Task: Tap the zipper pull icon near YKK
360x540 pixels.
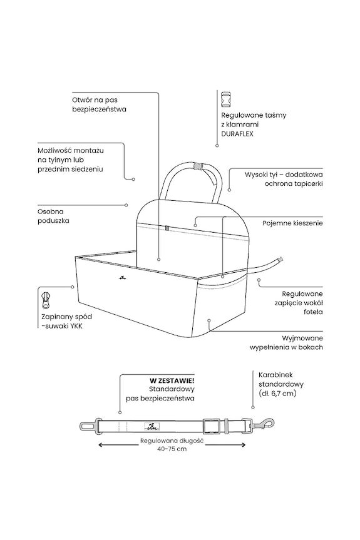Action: coord(46,300)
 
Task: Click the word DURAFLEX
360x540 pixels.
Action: coord(237,134)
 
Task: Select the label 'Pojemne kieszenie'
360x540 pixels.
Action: coord(292,223)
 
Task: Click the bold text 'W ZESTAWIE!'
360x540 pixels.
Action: coord(172,380)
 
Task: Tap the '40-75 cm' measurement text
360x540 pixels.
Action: coord(172,449)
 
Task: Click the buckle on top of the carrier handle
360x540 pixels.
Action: coord(197,166)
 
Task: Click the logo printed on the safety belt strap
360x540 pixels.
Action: coord(150,426)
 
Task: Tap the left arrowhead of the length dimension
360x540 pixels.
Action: coord(101,445)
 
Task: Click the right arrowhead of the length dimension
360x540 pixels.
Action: coord(243,445)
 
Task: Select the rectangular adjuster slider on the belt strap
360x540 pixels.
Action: coord(210,426)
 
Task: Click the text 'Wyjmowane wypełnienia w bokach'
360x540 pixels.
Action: coord(286,343)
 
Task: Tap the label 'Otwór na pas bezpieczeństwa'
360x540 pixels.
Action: coord(99,104)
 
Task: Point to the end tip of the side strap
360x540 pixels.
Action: coord(280,258)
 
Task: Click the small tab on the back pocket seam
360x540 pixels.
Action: coord(167,228)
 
